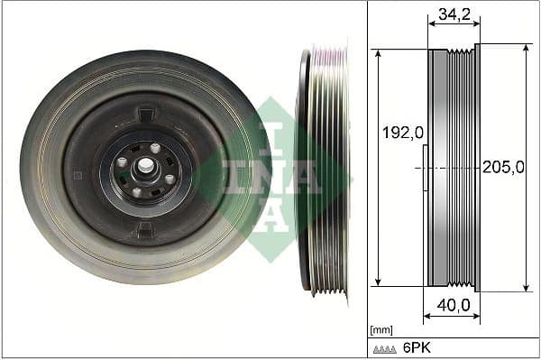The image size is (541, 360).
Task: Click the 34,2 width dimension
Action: tap(454, 14)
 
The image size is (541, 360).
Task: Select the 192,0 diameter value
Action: tap(401, 133)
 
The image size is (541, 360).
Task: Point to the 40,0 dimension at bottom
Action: tap(453, 306)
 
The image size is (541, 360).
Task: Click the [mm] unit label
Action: tap(381, 330)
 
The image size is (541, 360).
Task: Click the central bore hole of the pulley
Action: tap(144, 168)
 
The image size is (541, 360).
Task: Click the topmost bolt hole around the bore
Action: tap(154, 148)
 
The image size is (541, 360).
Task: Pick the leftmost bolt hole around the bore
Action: tap(122, 162)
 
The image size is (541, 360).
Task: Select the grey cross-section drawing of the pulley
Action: tap(454, 168)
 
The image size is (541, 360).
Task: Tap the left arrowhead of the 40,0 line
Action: tap(427, 317)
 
